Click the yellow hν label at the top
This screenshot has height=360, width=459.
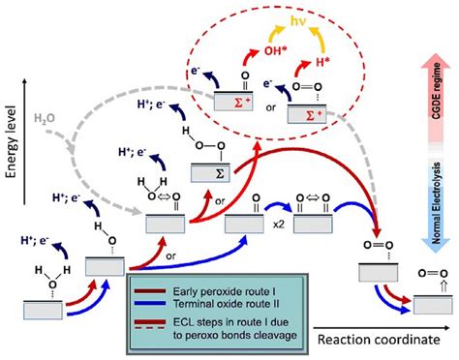tap(286, 19)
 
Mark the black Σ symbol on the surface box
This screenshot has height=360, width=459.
tap(210, 172)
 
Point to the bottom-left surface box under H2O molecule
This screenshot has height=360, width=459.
tap(44, 311)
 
